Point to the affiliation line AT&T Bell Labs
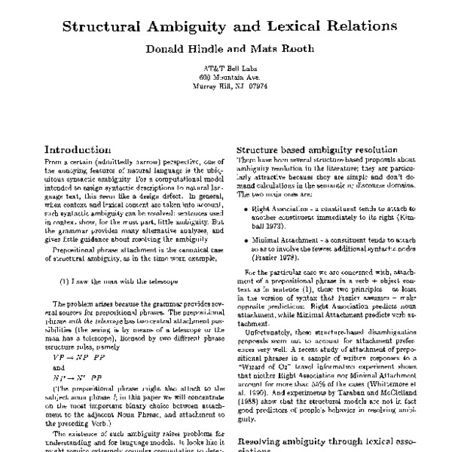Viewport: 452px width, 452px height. coord(225,68)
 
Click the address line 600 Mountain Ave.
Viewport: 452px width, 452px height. coord(225,77)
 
